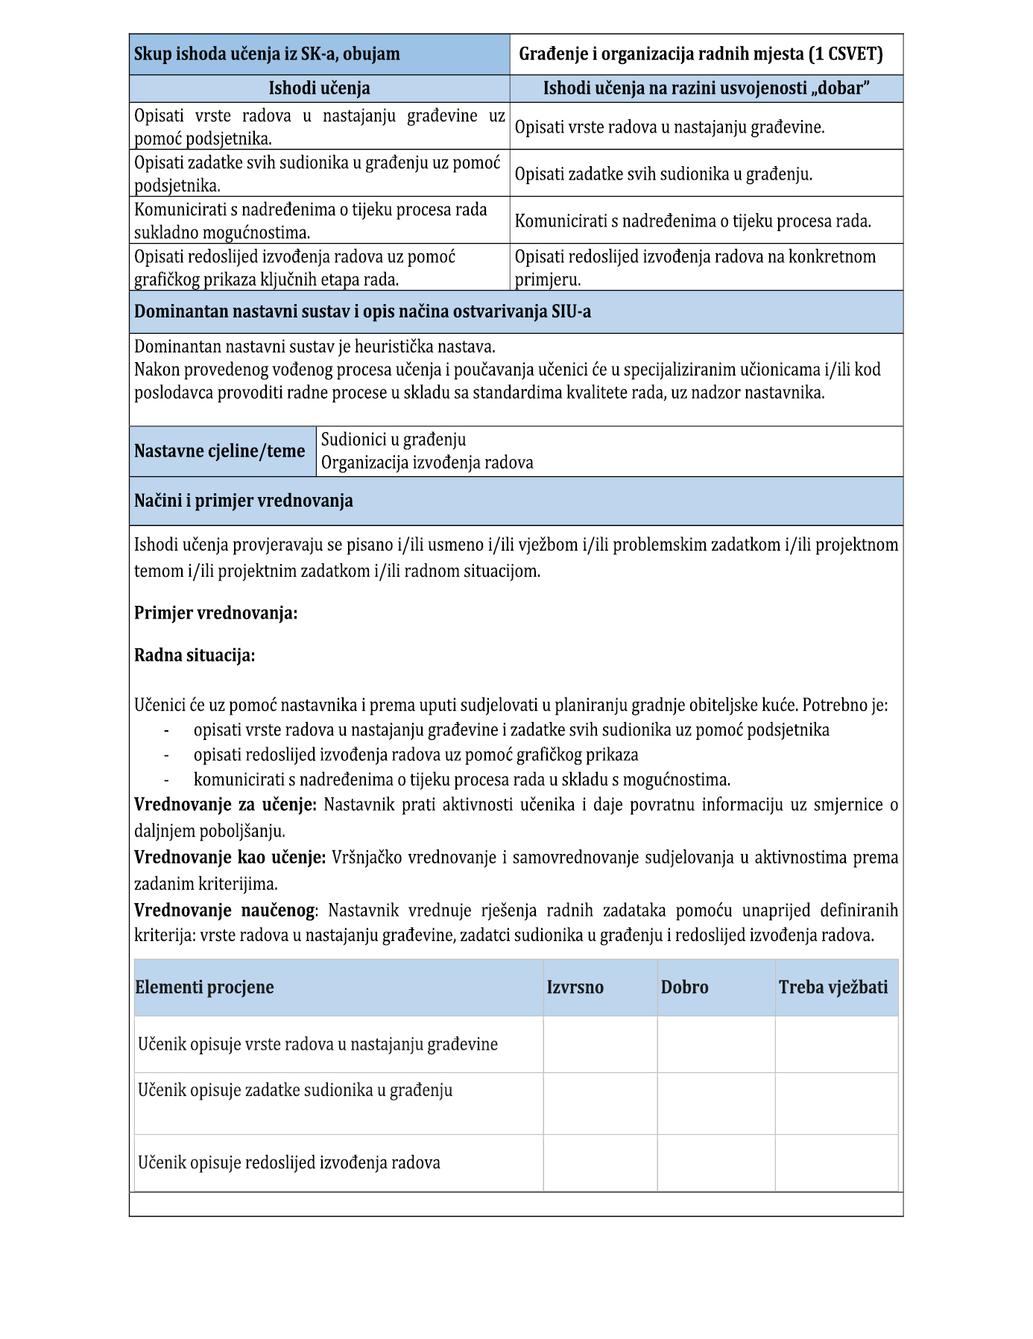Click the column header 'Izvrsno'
click(575, 987)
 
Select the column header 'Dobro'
click(684, 987)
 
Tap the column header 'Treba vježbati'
click(833, 987)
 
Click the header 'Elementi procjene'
click(204, 987)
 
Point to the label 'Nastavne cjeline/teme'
click(220, 451)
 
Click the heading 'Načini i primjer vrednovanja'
click(244, 501)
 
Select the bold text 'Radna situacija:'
click(195, 655)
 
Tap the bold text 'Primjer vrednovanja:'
click(215, 613)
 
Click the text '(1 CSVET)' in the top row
click(845, 54)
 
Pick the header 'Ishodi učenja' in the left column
click(319, 88)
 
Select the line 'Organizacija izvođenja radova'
click(427, 463)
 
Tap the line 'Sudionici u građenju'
click(394, 440)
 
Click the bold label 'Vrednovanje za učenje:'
click(226, 805)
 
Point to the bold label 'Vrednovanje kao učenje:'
click(230, 858)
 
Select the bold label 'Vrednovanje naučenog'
click(224, 911)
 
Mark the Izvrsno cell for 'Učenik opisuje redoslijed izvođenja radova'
click(600, 1162)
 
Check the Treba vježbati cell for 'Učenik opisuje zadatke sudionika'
click(836, 1103)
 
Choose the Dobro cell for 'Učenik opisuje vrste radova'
click(715, 1044)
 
